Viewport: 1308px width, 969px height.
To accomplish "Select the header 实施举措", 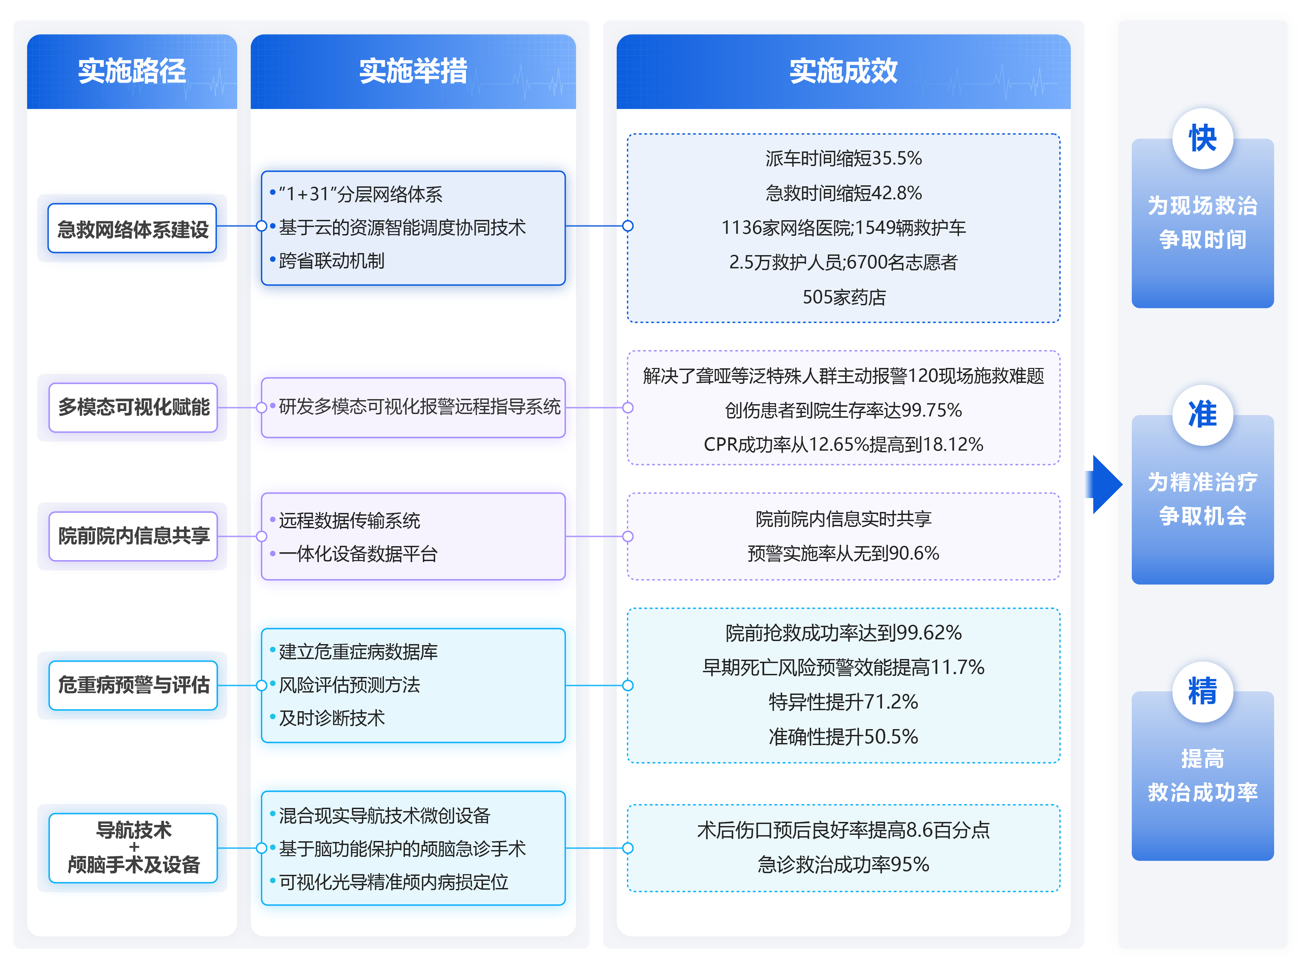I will (413, 71).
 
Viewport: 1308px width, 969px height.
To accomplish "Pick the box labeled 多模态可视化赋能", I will (134, 407).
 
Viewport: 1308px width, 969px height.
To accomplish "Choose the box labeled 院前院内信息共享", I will (134, 536).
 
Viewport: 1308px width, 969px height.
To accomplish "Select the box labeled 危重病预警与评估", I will (134, 684).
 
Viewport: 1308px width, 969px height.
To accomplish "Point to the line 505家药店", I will (843, 297).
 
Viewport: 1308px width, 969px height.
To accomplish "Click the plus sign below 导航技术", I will (134, 846).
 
